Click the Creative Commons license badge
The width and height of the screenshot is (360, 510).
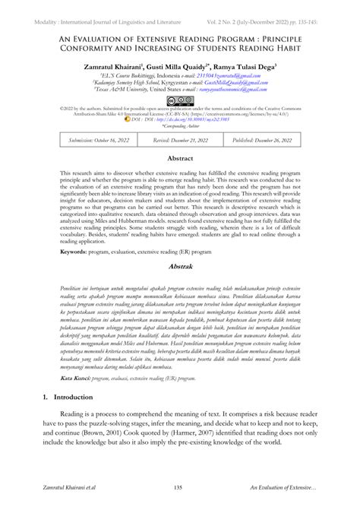(x=180, y=99)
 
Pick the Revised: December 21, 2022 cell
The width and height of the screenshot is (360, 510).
(x=180, y=141)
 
